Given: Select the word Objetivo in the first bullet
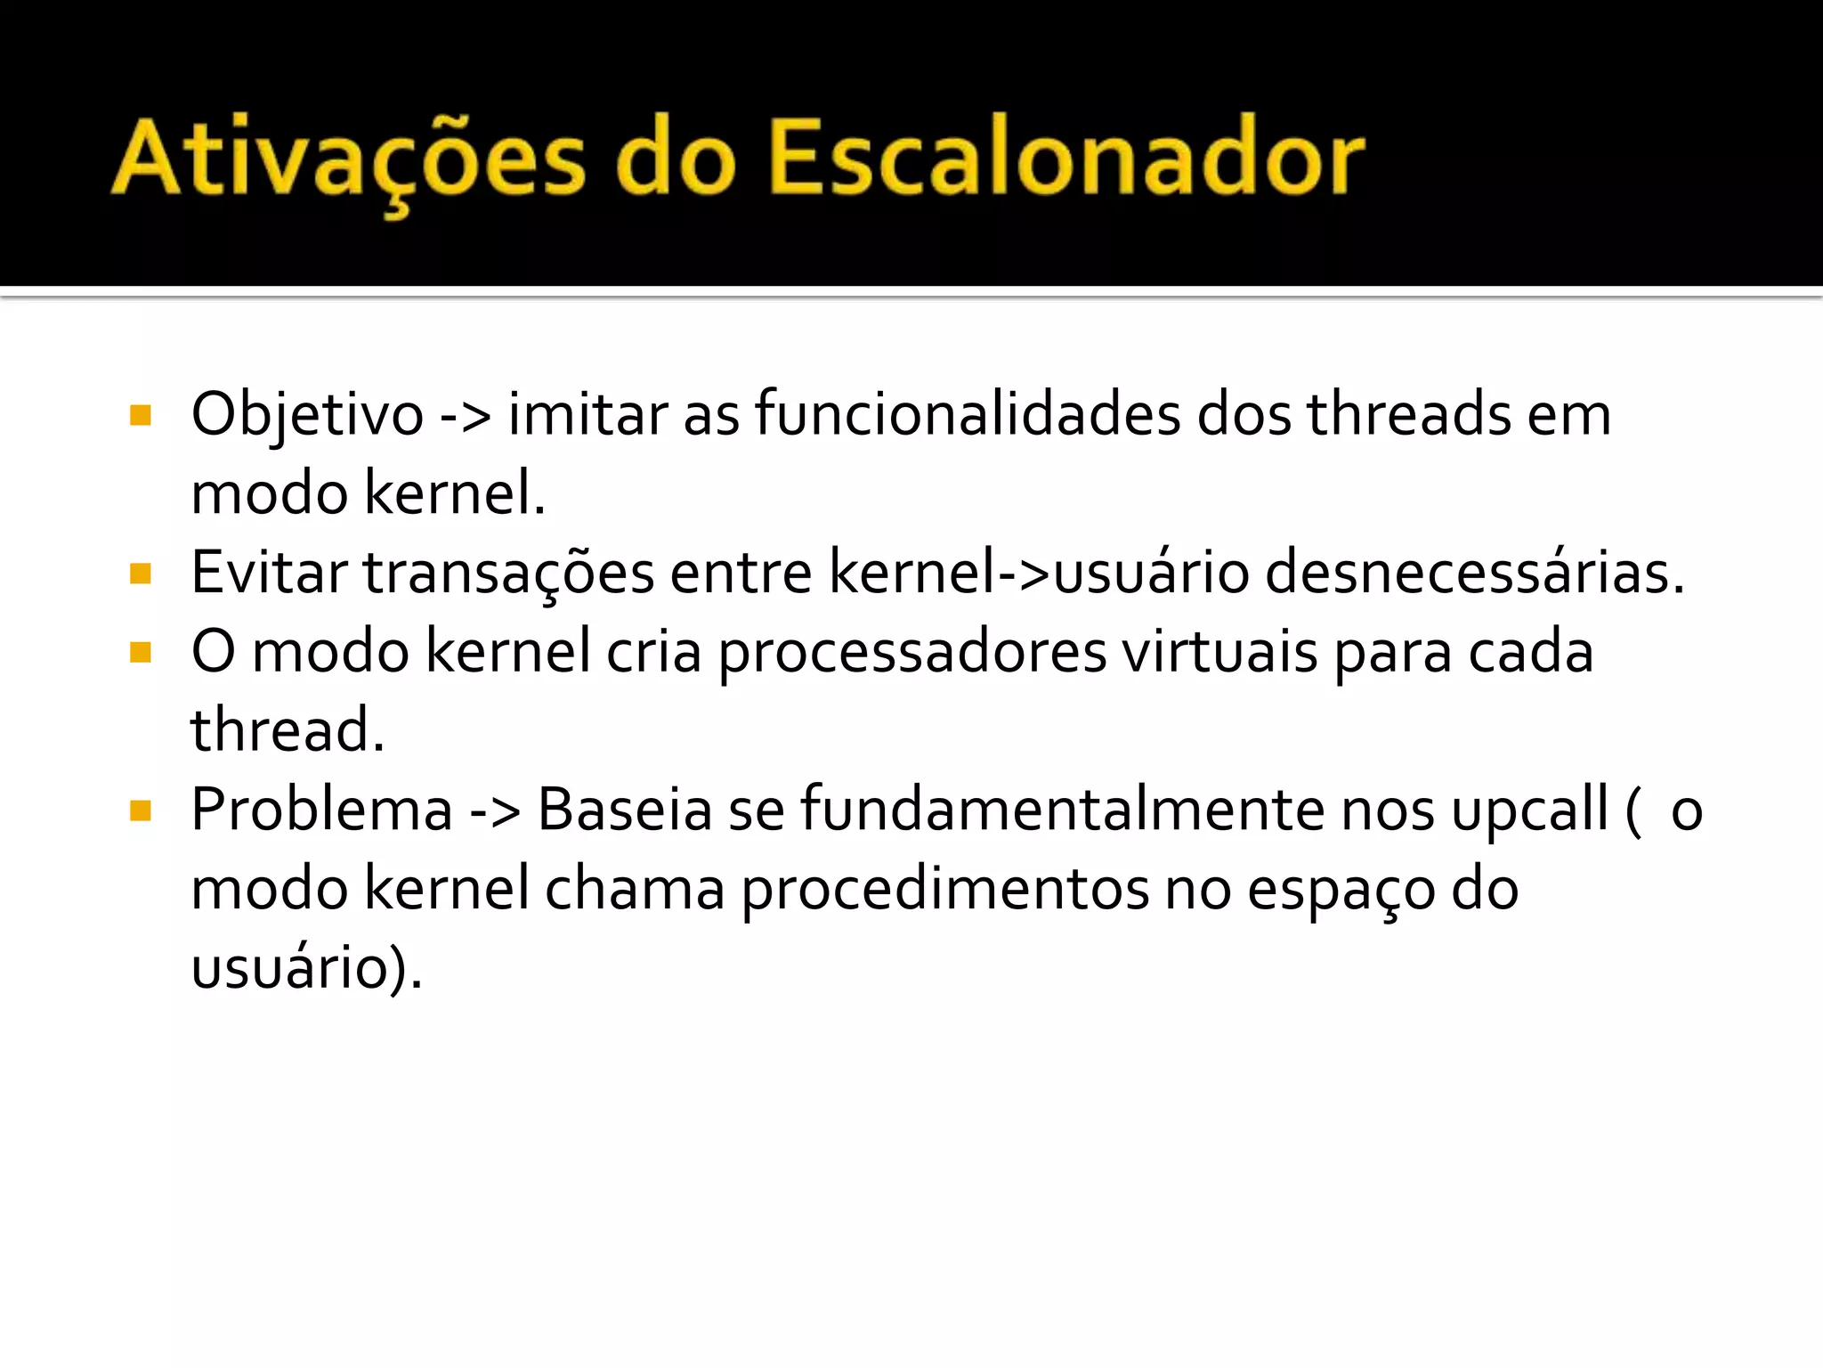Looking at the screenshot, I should click(307, 416).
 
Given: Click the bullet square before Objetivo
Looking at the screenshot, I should click(141, 416).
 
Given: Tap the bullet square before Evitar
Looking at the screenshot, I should click(141, 574).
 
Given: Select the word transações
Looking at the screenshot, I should click(508, 574).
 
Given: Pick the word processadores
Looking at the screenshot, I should click(912, 653).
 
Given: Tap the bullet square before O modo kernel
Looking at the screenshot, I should click(141, 653).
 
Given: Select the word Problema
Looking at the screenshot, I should click(322, 810).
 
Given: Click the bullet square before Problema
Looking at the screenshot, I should click(141, 810).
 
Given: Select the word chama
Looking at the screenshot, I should click(635, 889).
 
